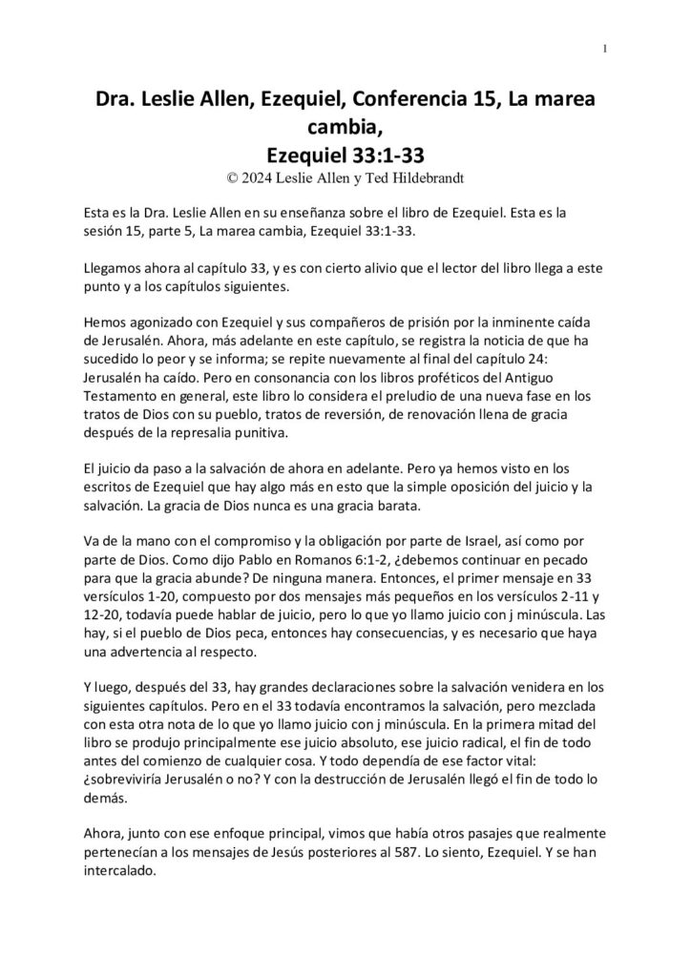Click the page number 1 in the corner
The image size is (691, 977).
(606, 49)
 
